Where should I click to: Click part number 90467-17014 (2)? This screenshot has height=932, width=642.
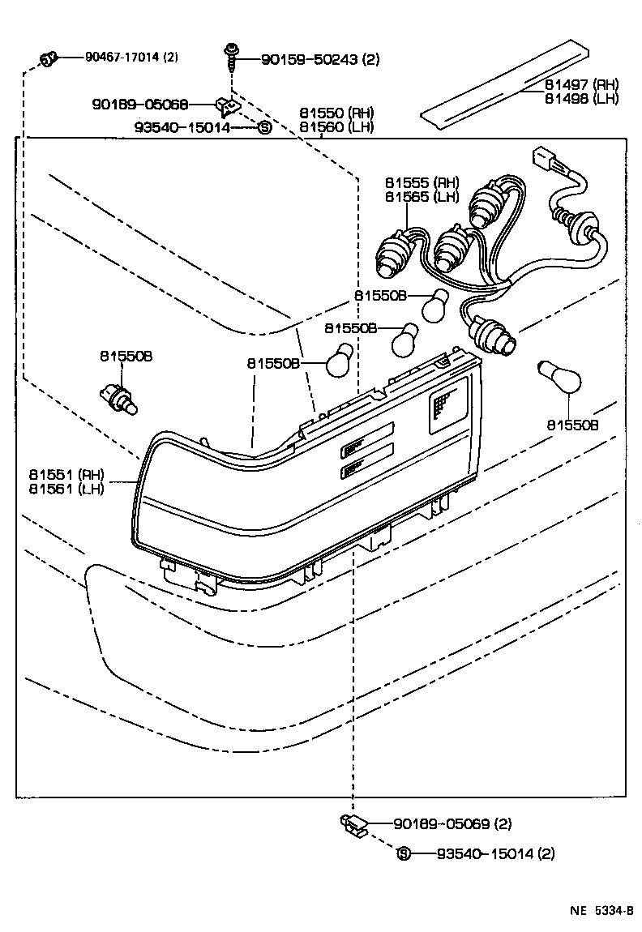pyautogui.click(x=131, y=58)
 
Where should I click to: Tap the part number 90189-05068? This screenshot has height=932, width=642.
pyautogui.click(x=140, y=105)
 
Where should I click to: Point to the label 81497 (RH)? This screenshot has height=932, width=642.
pyautogui.click(x=581, y=84)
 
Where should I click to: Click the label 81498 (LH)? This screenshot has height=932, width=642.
pyautogui.click(x=581, y=98)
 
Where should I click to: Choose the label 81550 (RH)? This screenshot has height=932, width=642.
pyautogui.click(x=336, y=113)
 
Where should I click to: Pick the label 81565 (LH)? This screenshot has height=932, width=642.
pyautogui.click(x=422, y=197)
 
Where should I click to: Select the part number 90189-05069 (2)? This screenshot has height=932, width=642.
pyautogui.click(x=452, y=824)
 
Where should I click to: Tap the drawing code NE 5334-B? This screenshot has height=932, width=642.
pyautogui.click(x=600, y=911)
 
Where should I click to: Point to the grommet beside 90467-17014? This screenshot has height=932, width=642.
pyautogui.click(x=48, y=58)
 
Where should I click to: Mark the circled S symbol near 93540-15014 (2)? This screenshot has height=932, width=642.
pyautogui.click(x=403, y=853)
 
